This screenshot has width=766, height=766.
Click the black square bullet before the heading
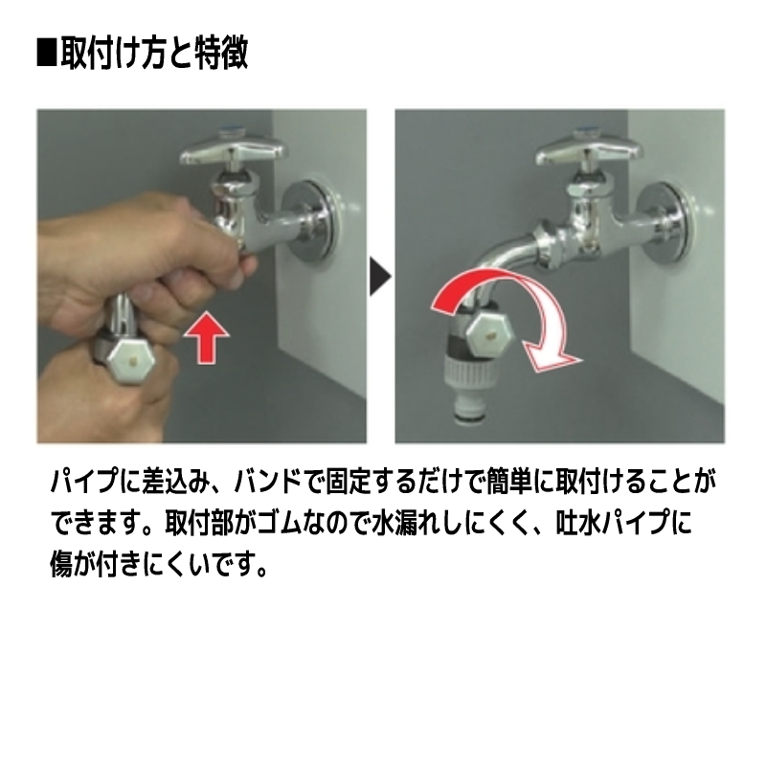[47, 53]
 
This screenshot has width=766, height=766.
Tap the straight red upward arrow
[206, 337]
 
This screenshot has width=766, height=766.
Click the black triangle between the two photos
[380, 277]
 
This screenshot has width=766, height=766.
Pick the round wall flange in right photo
[668, 221]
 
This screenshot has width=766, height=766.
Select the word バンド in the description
[267, 482]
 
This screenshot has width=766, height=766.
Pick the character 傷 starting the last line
[61, 564]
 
